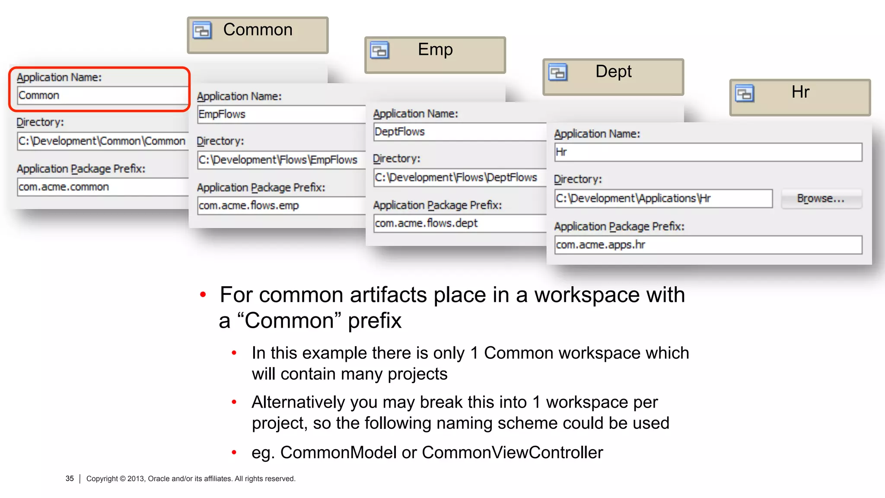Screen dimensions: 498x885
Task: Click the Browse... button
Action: pyautogui.click(x=821, y=198)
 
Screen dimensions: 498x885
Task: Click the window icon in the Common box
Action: pyautogui.click(x=202, y=31)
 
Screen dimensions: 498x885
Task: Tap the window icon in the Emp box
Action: pyautogui.click(x=380, y=51)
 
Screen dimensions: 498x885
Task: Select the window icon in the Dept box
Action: pyautogui.click(x=558, y=72)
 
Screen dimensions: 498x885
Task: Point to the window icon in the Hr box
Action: pyautogui.click(x=745, y=93)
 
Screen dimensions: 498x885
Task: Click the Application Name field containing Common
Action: pyautogui.click(x=102, y=96)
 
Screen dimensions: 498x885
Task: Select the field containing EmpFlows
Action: pyautogui.click(x=281, y=115)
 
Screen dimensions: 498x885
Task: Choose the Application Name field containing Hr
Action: pyautogui.click(x=708, y=152)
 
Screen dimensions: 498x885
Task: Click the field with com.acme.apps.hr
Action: pyautogui.click(x=708, y=245)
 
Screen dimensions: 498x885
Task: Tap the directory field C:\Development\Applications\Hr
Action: pyautogui.click(x=663, y=198)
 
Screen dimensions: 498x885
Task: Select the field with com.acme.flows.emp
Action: pyautogui.click(x=281, y=206)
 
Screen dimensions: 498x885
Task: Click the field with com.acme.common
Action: pyautogui.click(x=102, y=187)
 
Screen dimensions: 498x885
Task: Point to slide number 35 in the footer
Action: pyautogui.click(x=70, y=479)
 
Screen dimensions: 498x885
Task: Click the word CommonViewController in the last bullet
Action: pyautogui.click(x=512, y=453)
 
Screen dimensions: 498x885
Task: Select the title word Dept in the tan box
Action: pyautogui.click(x=613, y=71)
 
